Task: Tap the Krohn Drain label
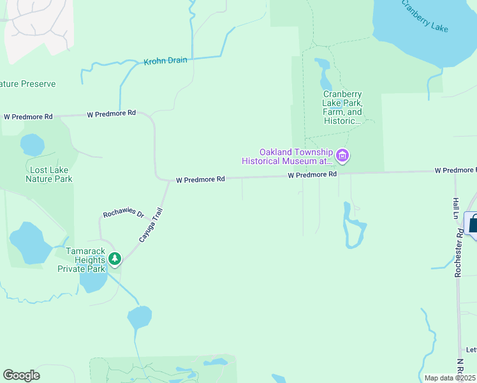pos(165,61)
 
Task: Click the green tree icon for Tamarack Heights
pos(115,259)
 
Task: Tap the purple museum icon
pos(342,155)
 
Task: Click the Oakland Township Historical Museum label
pos(287,157)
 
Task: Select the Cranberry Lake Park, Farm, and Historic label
pos(342,107)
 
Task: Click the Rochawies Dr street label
pos(124,214)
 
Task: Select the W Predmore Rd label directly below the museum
pos(312,174)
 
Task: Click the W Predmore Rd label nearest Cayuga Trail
pos(200,180)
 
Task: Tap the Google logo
pos(21,375)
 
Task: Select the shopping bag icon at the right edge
pos(473,224)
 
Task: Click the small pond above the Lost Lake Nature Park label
pos(32,144)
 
